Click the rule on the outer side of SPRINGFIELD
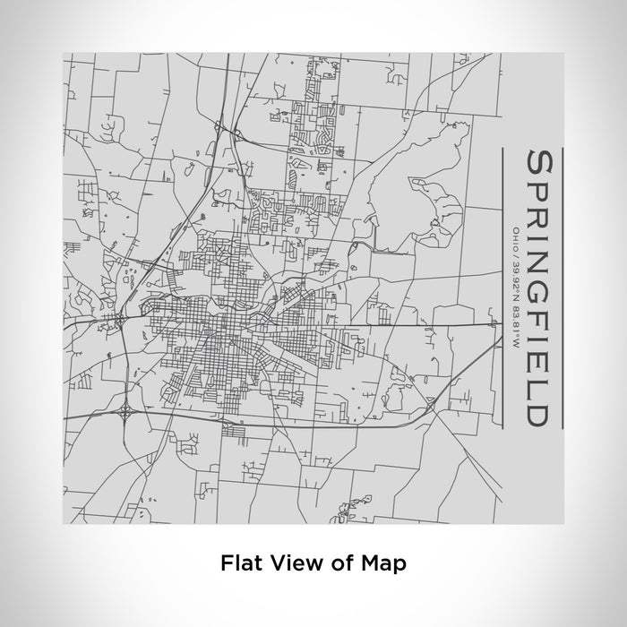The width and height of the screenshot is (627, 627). [x=562, y=287]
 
